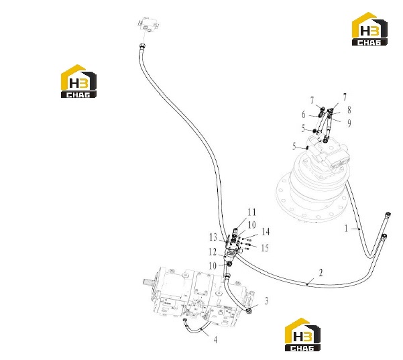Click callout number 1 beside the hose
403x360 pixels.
346,228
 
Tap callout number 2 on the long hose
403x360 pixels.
321,273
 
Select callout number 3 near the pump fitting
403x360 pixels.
266,300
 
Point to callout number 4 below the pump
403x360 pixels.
215,340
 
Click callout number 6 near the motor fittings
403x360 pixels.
304,115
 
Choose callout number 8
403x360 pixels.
349,110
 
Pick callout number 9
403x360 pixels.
349,123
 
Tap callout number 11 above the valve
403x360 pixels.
252,213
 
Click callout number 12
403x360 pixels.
213,252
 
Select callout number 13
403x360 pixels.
213,237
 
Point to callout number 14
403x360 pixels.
266,232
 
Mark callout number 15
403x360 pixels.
265,248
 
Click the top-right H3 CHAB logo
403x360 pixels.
369,29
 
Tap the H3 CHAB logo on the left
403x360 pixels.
78,81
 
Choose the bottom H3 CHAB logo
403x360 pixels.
303,335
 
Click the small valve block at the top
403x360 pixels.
149,25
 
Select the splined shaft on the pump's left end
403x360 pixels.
149,282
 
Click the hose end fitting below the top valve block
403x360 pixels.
142,46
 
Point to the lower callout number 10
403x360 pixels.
213,265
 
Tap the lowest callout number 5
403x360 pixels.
294,146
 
